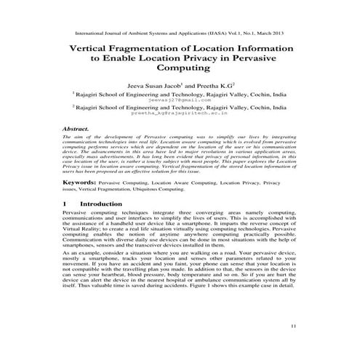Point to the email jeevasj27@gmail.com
pos(180,99)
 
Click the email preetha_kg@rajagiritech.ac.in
pos(180,114)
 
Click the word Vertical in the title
pos(93,47)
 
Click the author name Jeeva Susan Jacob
pos(153,84)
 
